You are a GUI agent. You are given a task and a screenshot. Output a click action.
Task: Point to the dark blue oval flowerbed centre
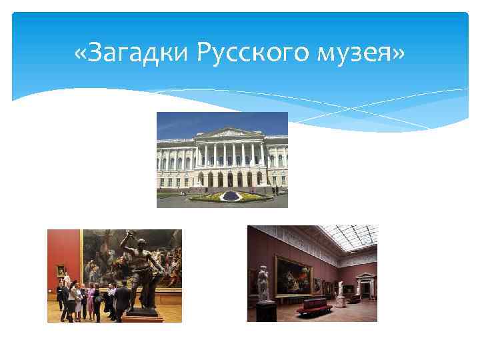(x=229, y=195)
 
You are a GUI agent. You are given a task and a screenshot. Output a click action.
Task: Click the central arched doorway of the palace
(x=230, y=179)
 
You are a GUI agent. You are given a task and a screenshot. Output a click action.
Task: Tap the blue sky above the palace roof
(x=200, y=121)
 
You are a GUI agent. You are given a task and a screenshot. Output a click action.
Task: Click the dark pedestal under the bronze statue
(x=141, y=311)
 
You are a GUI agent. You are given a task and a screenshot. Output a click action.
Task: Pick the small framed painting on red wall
(x=61, y=271)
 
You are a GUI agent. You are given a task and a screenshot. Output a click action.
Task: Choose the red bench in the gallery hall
(x=314, y=306)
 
